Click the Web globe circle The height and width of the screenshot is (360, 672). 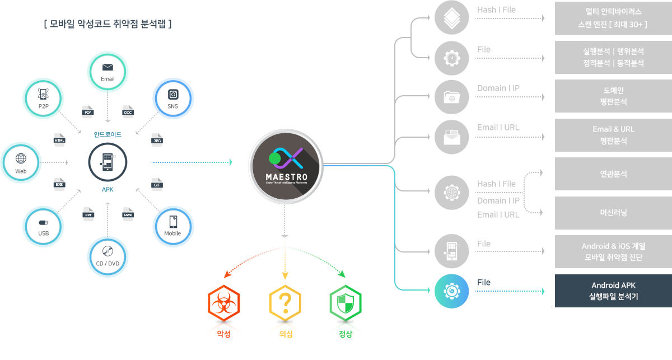coord(21,162)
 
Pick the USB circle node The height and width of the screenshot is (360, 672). coord(43,227)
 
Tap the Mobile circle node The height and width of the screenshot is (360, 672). coord(173,227)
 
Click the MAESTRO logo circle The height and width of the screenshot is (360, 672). coord(286,163)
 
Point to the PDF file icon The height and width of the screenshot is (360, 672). coord(87,111)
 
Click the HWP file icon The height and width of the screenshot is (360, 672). coord(128,213)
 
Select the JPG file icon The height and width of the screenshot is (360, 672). coord(157,139)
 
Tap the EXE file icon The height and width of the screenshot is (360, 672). coord(59,183)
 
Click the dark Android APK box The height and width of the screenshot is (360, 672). coord(613,291)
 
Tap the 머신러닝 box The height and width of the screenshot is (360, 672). coord(613,213)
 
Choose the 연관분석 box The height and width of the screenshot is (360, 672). coord(613,174)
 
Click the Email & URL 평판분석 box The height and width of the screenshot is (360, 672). coord(613,135)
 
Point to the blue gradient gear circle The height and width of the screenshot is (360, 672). coord(451,291)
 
